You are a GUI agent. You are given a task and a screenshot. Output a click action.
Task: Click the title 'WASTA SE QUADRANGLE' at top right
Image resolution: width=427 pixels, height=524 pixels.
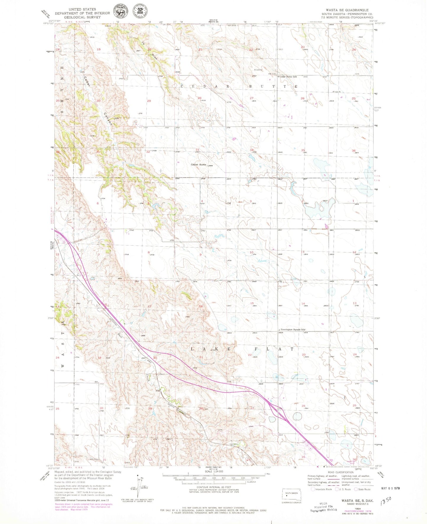tap(347, 10)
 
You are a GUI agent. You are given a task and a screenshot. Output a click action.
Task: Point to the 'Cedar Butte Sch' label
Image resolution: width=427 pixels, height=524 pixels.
tap(288, 77)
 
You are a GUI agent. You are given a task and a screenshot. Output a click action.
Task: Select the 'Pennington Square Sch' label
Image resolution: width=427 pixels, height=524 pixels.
tap(292, 329)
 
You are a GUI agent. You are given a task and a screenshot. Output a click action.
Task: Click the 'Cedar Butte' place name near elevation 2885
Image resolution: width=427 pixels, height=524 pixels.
tap(198, 164)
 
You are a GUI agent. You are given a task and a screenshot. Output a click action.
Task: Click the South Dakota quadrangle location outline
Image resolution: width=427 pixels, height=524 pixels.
tap(291, 496)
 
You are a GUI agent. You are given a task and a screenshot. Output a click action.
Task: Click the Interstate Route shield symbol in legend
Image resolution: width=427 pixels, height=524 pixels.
tap(313, 489)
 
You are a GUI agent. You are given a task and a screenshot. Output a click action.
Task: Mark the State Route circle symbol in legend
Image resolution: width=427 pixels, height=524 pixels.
tap(356, 489)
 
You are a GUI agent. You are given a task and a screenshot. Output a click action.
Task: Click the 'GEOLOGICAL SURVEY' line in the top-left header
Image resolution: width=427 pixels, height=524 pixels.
tap(78, 17)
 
